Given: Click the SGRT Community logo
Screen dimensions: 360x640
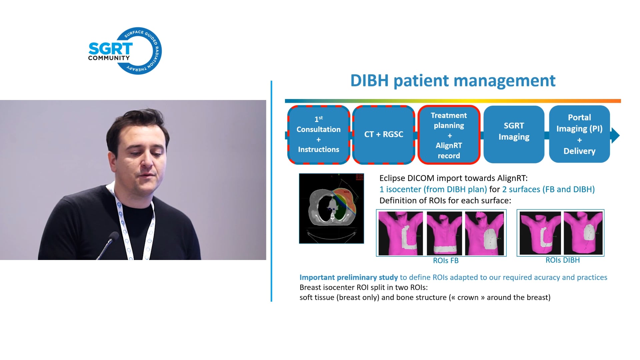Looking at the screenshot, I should pyautogui.click(x=125, y=51).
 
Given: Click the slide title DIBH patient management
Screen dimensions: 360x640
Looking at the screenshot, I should pyautogui.click(x=453, y=81).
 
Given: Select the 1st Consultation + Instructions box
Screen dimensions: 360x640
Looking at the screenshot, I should pyautogui.click(x=318, y=135).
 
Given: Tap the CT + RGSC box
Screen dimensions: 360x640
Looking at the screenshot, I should pyautogui.click(x=383, y=135).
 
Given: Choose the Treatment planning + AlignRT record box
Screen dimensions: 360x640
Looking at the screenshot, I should pyautogui.click(x=449, y=135).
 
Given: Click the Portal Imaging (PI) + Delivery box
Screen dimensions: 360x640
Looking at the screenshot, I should pyautogui.click(x=579, y=134).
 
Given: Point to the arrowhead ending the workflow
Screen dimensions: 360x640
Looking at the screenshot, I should pyautogui.click(x=615, y=135).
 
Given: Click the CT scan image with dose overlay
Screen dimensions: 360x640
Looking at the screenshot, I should pyautogui.click(x=331, y=208).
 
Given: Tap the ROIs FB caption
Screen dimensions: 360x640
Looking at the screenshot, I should pyautogui.click(x=446, y=261).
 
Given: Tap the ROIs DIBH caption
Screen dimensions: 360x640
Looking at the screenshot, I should pyautogui.click(x=562, y=260).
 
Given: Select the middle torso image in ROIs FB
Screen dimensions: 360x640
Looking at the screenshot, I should pyautogui.click(x=444, y=233).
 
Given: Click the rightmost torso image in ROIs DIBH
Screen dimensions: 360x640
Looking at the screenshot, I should pyautogui.click(x=583, y=233).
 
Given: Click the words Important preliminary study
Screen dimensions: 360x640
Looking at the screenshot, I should pyautogui.click(x=348, y=277).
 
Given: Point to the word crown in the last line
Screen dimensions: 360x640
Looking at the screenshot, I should pyautogui.click(x=468, y=297).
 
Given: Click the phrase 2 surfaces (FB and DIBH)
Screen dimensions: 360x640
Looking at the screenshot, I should pyautogui.click(x=548, y=189).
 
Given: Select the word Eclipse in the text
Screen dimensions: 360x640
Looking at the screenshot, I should pyautogui.click(x=392, y=178).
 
